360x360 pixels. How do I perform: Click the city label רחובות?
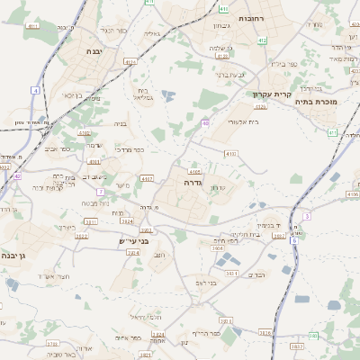click(x=249, y=18)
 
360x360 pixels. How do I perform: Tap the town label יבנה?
click(x=94, y=52)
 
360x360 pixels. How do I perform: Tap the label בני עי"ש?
click(x=132, y=241)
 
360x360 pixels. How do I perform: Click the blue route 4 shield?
click(x=35, y=90)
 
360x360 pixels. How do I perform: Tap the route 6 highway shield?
click(x=293, y=240)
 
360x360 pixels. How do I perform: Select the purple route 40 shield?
click(x=205, y=123)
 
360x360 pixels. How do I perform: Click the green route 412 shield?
click(x=262, y=40)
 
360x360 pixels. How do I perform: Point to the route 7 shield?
click(x=101, y=192)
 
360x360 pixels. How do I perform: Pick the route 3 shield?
click(x=306, y=216)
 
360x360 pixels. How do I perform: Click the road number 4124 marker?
click(x=130, y=62)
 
